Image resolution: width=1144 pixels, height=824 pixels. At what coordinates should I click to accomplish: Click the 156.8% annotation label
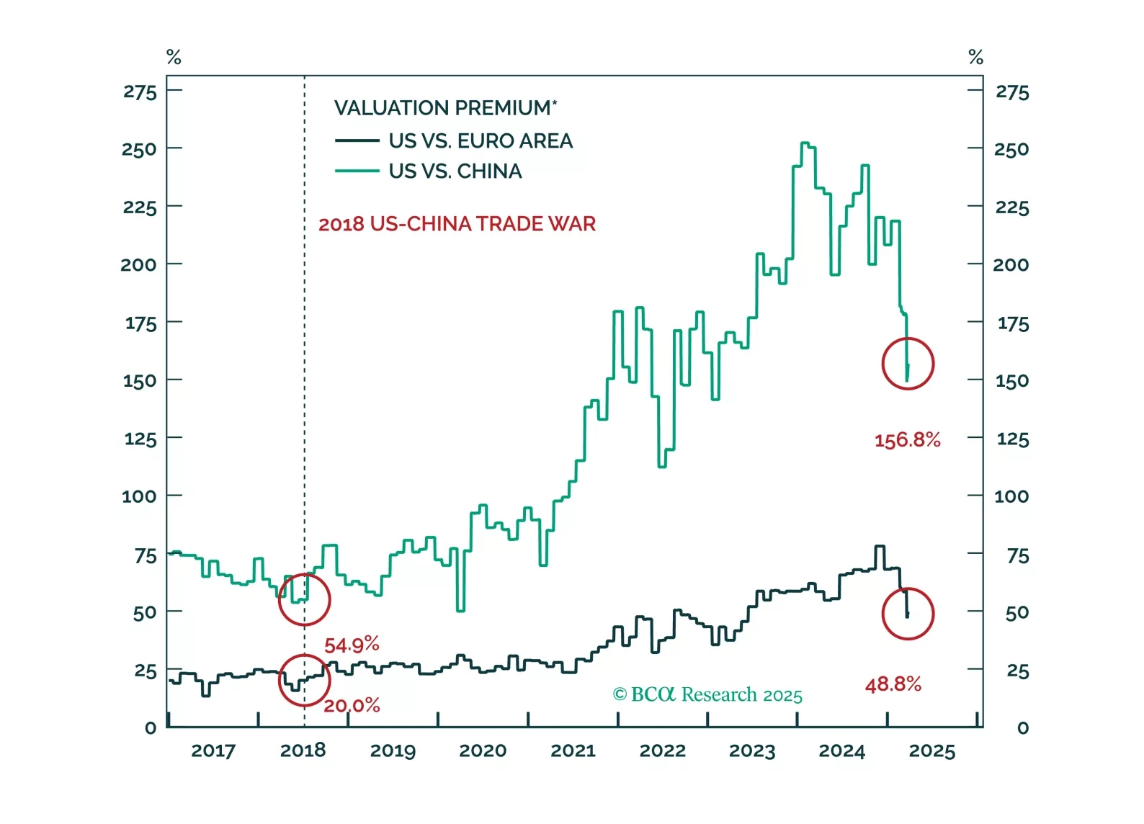tap(907, 440)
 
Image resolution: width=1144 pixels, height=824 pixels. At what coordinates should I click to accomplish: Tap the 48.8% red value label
tap(893, 684)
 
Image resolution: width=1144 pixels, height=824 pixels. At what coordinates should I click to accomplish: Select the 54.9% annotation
tap(352, 645)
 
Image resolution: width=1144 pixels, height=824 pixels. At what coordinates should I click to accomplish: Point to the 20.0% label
tap(352, 705)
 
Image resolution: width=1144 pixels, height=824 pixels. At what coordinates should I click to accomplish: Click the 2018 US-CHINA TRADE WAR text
tap(457, 224)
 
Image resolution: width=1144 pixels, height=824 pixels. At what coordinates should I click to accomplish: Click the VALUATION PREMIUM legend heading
tap(445, 108)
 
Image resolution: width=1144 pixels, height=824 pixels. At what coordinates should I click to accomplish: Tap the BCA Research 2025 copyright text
tap(707, 694)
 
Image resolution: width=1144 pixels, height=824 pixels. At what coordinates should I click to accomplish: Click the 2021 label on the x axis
tap(573, 751)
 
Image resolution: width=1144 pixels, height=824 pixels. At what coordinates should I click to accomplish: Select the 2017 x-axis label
tap(213, 751)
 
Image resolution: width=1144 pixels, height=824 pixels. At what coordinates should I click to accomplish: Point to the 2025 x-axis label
tap(931, 751)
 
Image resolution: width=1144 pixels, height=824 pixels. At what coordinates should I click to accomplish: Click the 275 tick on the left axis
tap(140, 92)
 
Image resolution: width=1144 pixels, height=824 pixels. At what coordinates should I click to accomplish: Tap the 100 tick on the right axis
tap(1011, 496)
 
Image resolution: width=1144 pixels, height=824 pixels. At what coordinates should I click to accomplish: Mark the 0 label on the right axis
tap(1022, 728)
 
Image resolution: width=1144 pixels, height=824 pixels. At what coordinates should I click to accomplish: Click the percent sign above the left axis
tap(174, 58)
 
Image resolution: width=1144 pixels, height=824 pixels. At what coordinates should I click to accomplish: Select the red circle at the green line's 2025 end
tap(908, 364)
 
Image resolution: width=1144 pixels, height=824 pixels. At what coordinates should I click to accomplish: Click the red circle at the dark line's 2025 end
tap(908, 614)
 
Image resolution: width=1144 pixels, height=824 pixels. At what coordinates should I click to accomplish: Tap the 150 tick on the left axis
tap(140, 381)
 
